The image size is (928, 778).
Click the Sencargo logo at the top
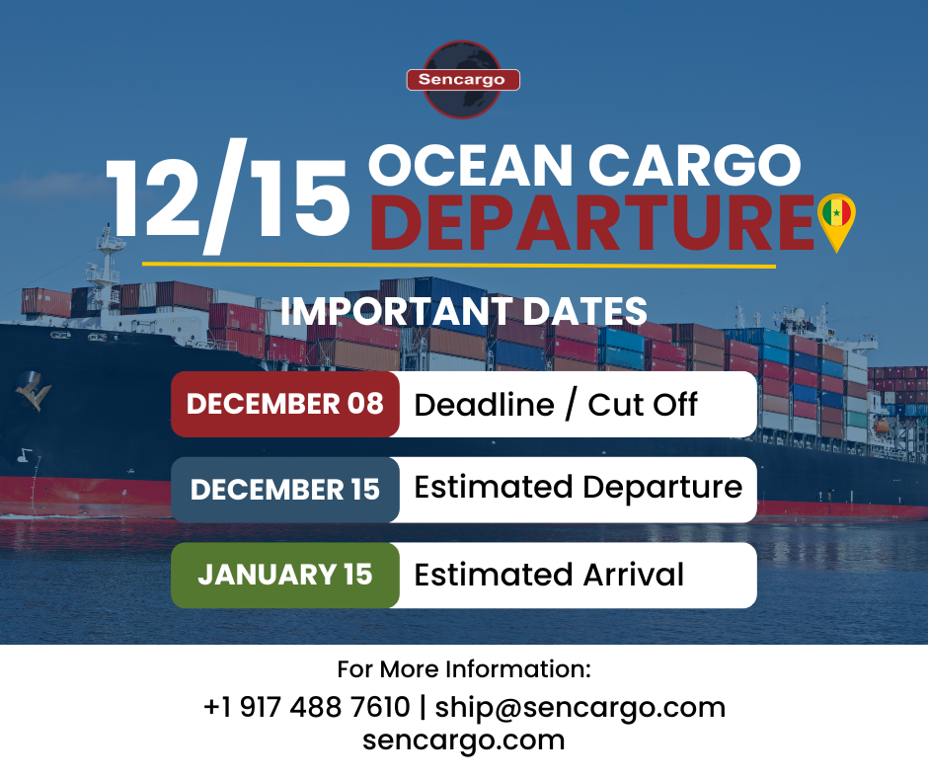click(463, 79)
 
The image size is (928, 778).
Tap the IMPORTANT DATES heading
click(464, 311)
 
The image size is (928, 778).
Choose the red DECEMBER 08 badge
click(284, 404)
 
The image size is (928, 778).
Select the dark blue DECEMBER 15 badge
click(284, 490)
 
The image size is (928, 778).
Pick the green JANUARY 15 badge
click(284, 575)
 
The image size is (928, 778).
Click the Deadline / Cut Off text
click(556, 404)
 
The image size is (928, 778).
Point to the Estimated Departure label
click(578, 488)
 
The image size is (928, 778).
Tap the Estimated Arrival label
click(549, 575)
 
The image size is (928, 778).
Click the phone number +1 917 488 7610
click(306, 707)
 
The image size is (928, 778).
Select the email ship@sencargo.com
click(580, 707)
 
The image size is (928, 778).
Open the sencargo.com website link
click(464, 739)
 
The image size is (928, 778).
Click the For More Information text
click(464, 669)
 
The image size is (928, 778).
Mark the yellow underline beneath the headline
click(459, 265)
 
